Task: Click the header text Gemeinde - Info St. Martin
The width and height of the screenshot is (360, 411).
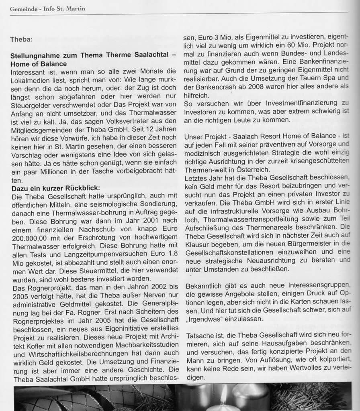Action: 47,8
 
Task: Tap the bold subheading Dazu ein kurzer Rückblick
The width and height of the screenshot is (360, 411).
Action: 56,187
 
